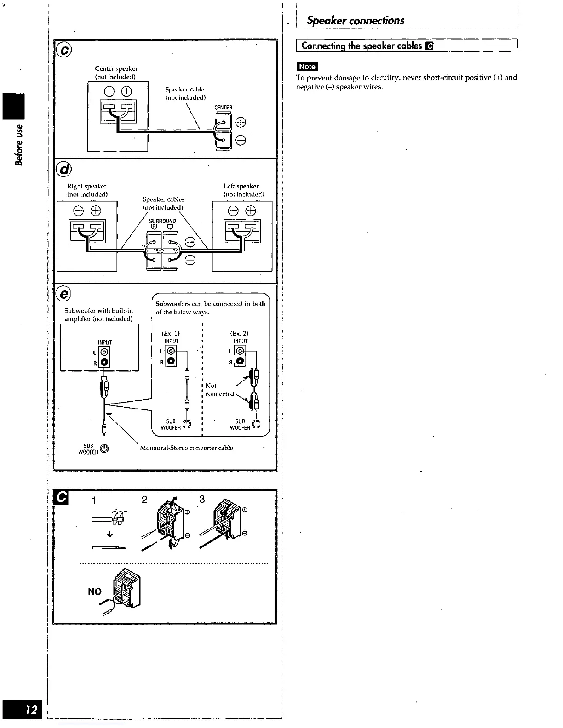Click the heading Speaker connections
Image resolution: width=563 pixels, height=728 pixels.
356,20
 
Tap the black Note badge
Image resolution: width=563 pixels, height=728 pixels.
307,66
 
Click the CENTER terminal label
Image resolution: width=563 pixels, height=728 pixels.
224,108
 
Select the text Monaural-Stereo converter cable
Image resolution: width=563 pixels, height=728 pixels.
186,448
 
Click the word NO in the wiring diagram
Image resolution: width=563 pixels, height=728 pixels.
94,591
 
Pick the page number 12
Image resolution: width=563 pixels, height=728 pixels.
31,710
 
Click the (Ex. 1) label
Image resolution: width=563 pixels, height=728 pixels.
171,333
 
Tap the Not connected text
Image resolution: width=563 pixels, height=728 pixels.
219,390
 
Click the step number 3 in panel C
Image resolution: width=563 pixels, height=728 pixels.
201,499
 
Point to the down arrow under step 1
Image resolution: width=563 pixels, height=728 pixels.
109,534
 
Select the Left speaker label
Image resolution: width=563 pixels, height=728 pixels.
241,186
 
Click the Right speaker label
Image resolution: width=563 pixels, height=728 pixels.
87,186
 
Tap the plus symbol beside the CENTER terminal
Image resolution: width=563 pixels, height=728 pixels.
240,122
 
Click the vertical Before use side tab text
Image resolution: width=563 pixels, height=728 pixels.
19,144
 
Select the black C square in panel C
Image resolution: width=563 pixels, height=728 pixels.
62,498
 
